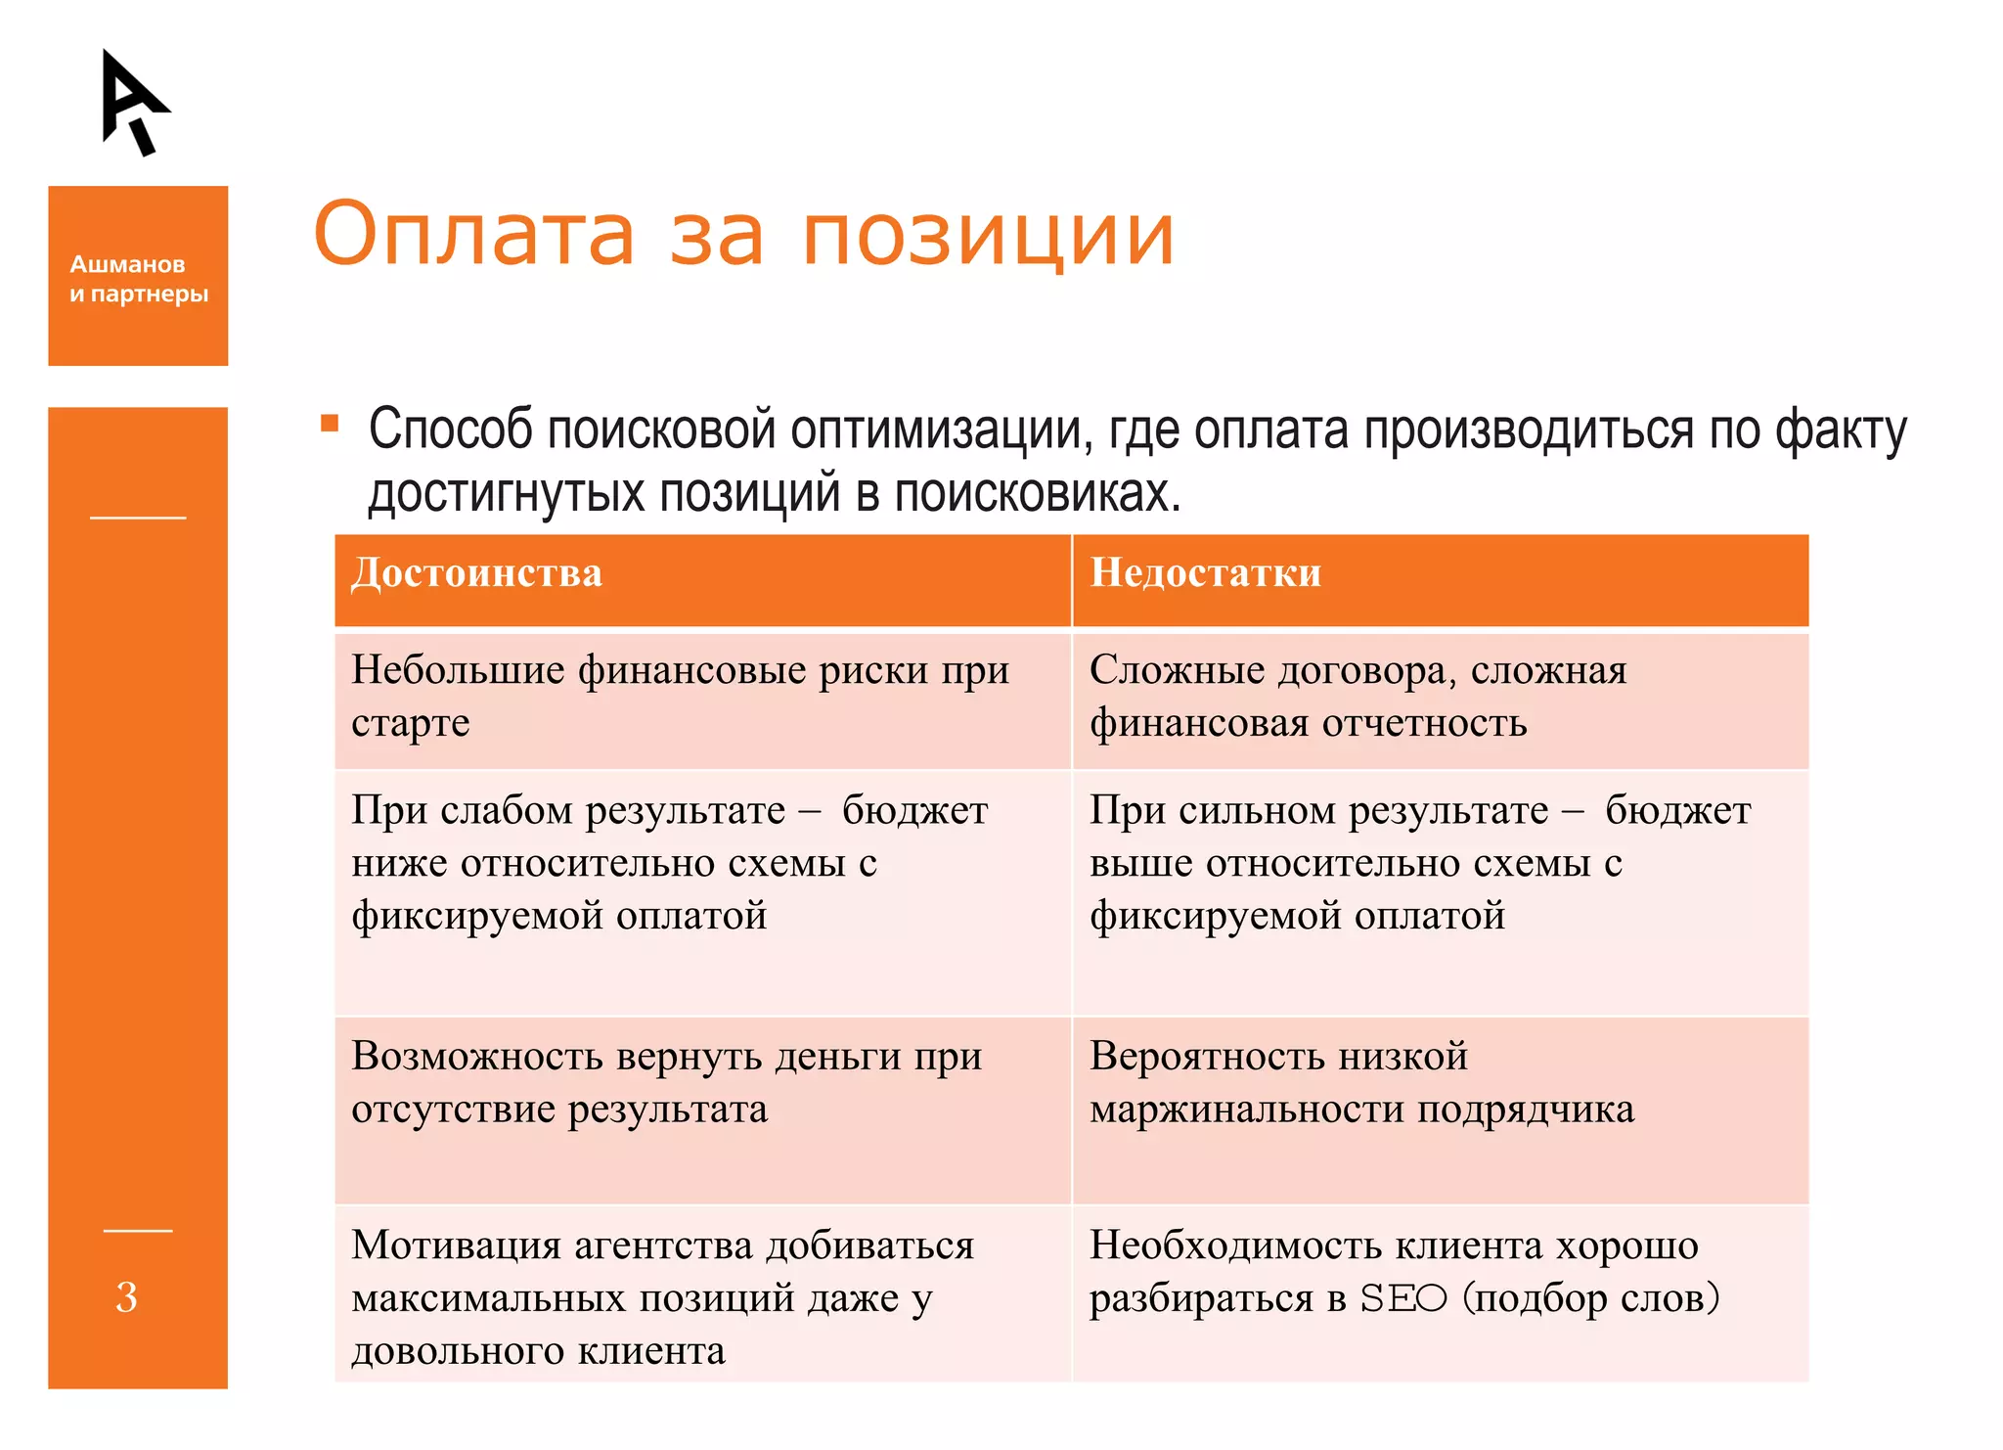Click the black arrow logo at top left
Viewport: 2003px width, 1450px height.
click(134, 102)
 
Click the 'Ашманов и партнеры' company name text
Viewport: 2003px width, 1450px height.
click(138, 279)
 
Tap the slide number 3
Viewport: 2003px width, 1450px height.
click(126, 1297)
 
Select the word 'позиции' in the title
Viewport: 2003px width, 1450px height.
click(988, 237)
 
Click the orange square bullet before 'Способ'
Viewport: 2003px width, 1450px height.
click(330, 424)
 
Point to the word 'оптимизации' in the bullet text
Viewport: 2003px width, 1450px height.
click(940, 430)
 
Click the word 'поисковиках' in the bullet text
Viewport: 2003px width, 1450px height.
click(1037, 493)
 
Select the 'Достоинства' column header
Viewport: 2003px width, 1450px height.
click(476, 573)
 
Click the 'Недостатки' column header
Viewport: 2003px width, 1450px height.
click(1205, 573)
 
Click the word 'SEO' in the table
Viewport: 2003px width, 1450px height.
click(1402, 1299)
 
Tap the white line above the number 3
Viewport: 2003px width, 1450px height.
click(138, 1231)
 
